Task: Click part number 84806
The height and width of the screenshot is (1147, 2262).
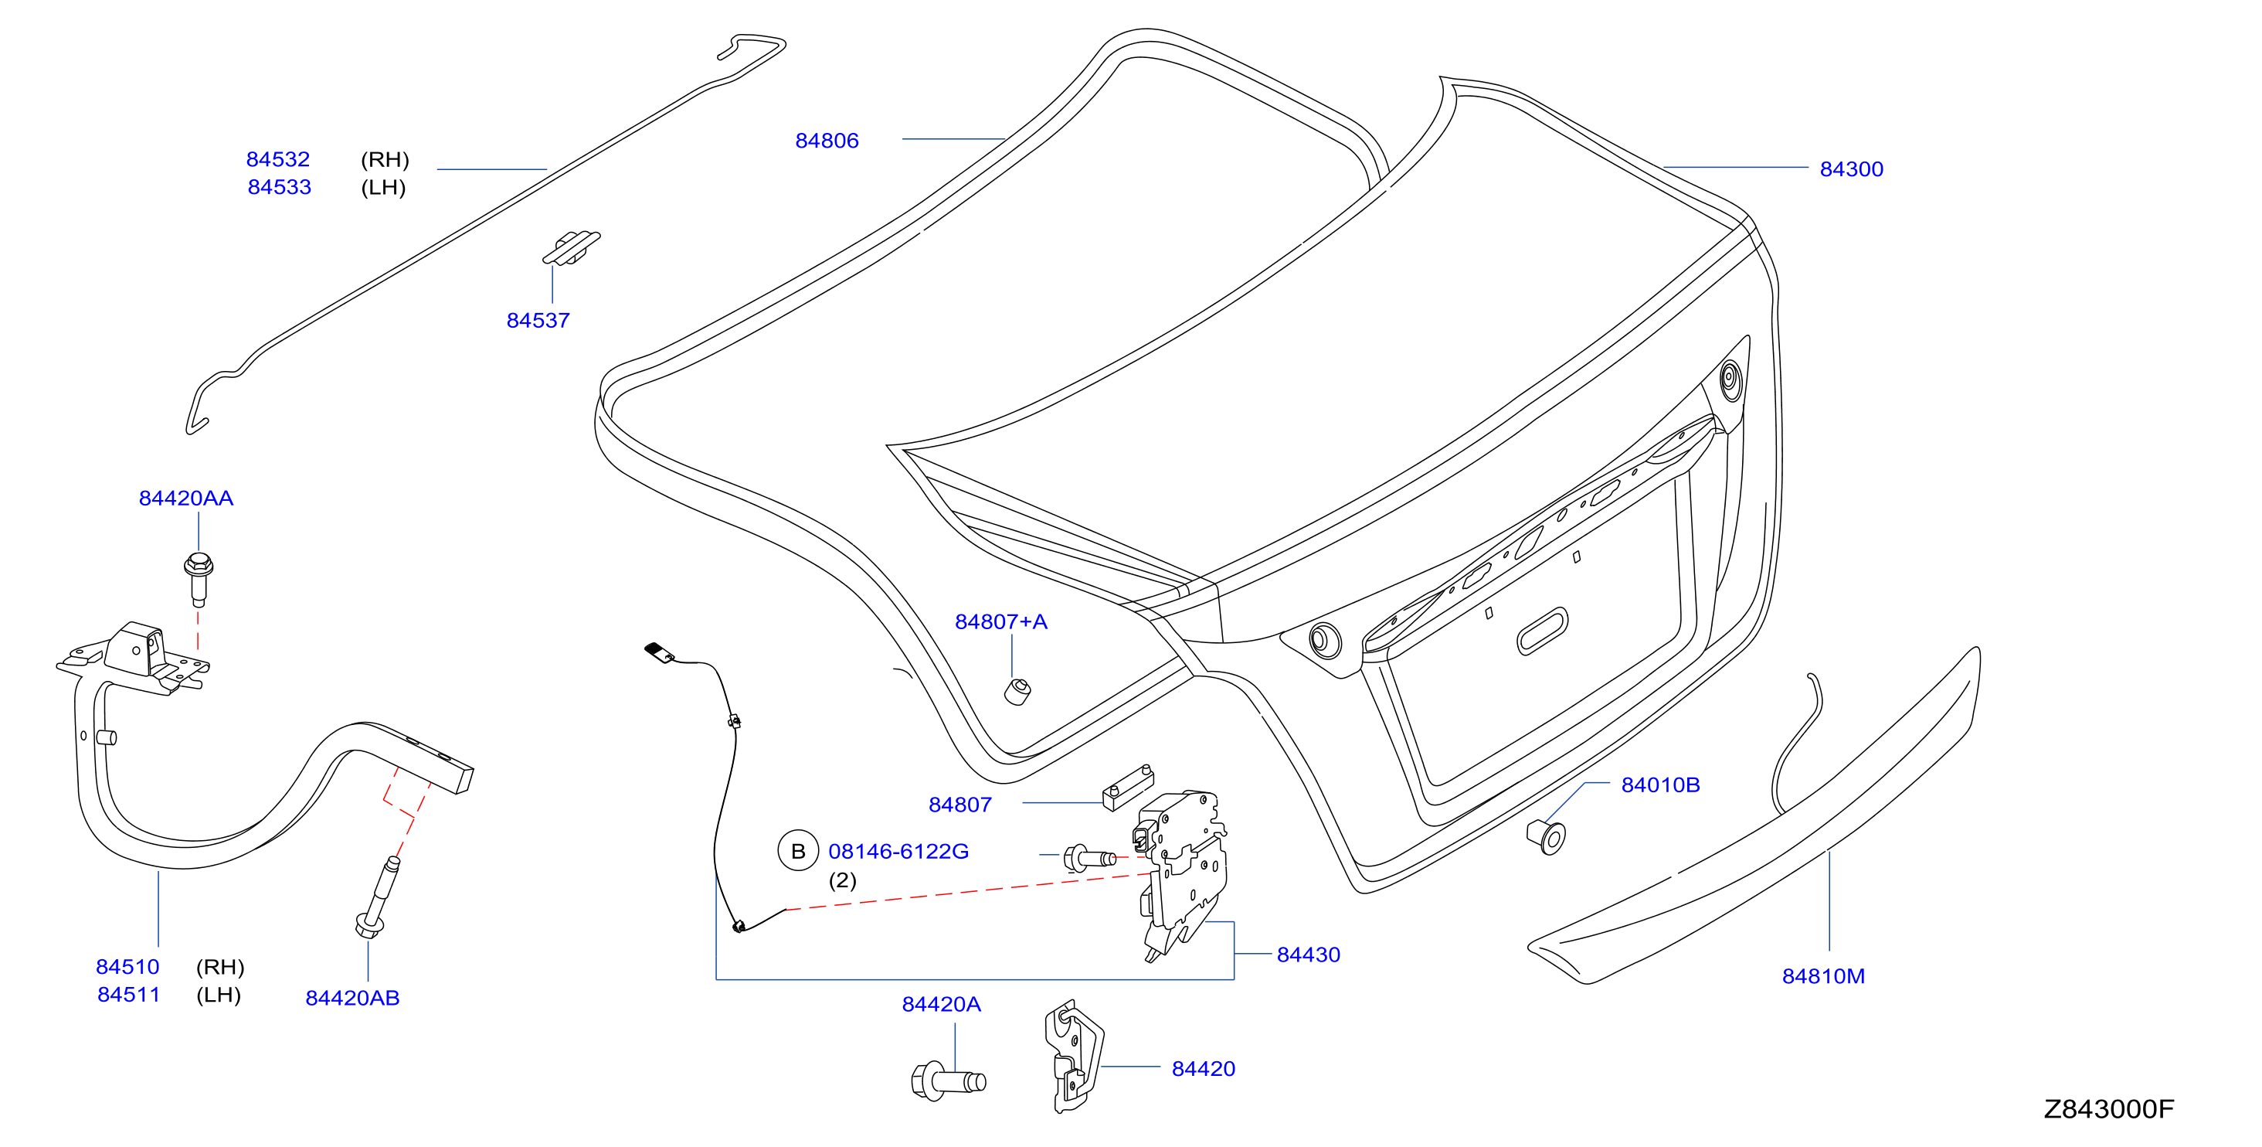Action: pyautogui.click(x=827, y=141)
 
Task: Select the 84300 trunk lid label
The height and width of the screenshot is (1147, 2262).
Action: pyautogui.click(x=1851, y=168)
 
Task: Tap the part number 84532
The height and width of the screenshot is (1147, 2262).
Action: pyautogui.click(x=277, y=159)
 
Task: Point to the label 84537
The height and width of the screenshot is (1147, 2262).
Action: pyautogui.click(x=538, y=321)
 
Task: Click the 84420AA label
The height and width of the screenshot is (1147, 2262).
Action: pyautogui.click(x=186, y=498)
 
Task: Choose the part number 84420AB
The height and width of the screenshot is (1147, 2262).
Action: pyautogui.click(x=352, y=998)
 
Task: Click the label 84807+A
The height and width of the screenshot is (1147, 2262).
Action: pyautogui.click(x=1001, y=621)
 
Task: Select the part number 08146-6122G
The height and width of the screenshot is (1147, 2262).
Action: pyautogui.click(x=898, y=851)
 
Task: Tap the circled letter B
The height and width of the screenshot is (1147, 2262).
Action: pyautogui.click(x=798, y=851)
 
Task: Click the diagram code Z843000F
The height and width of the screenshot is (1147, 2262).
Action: pyautogui.click(x=2109, y=1109)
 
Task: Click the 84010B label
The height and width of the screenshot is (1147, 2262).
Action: pyautogui.click(x=1660, y=785)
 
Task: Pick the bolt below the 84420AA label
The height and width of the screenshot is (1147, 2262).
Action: pyautogui.click(x=199, y=579)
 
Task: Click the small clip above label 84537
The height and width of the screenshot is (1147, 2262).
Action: pyautogui.click(x=571, y=247)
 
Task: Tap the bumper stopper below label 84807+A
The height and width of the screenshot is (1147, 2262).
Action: pyautogui.click(x=1017, y=692)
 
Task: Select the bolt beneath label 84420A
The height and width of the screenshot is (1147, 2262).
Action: pyautogui.click(x=949, y=1081)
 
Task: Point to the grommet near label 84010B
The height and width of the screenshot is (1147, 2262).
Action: pyautogui.click(x=1547, y=836)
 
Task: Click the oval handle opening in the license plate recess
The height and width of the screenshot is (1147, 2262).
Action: pyautogui.click(x=1542, y=631)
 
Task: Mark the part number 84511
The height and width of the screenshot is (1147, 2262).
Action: pyautogui.click(x=128, y=994)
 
